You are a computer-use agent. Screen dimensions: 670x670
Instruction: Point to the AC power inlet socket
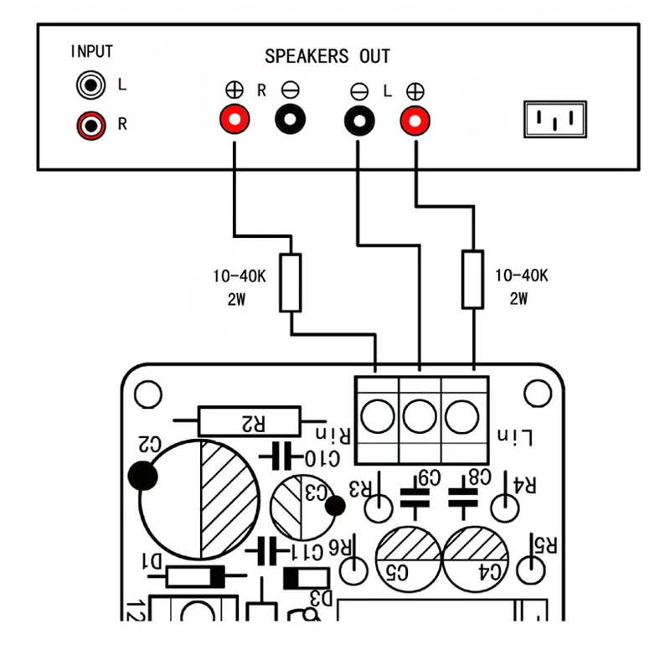pos(554,120)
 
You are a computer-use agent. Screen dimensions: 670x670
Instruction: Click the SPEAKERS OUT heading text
pos(327,57)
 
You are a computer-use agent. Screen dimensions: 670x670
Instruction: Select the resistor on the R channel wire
pos(291,283)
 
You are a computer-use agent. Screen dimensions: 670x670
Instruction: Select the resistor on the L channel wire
pos(472,279)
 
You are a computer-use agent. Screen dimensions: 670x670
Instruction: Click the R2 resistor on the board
pos(249,420)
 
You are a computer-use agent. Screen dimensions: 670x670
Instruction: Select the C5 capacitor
pos(409,557)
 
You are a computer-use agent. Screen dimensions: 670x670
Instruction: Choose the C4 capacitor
pos(476,557)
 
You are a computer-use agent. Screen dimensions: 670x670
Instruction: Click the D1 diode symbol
pos(193,576)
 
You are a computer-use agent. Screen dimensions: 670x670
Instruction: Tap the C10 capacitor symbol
pos(280,456)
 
